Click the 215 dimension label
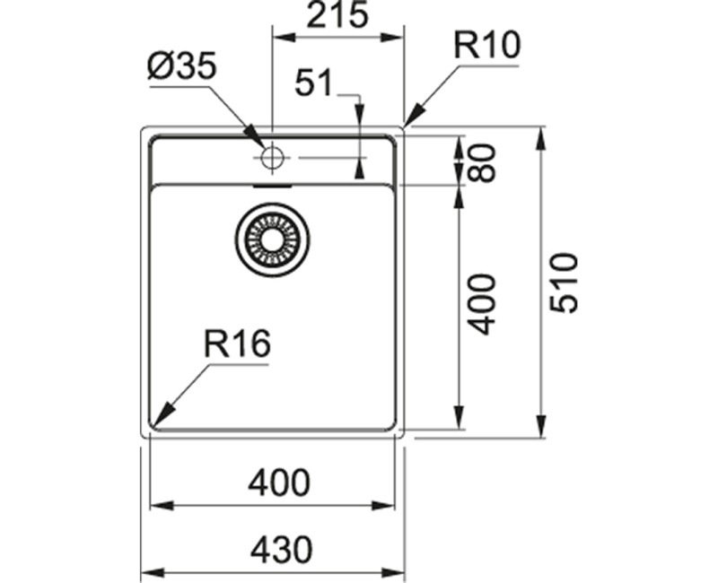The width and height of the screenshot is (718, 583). pyautogui.click(x=337, y=14)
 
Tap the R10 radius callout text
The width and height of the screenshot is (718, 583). pyautogui.click(x=486, y=46)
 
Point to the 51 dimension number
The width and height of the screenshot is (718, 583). pyautogui.click(x=313, y=83)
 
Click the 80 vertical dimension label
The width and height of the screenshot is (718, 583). pyautogui.click(x=482, y=163)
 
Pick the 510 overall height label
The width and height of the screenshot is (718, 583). pyautogui.click(x=564, y=283)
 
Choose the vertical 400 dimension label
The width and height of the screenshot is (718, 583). pyautogui.click(x=482, y=304)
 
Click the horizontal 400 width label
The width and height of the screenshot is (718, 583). pyautogui.click(x=279, y=483)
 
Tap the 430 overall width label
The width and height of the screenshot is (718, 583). pyautogui.click(x=281, y=550)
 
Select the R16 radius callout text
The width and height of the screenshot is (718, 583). pyautogui.click(x=237, y=344)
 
